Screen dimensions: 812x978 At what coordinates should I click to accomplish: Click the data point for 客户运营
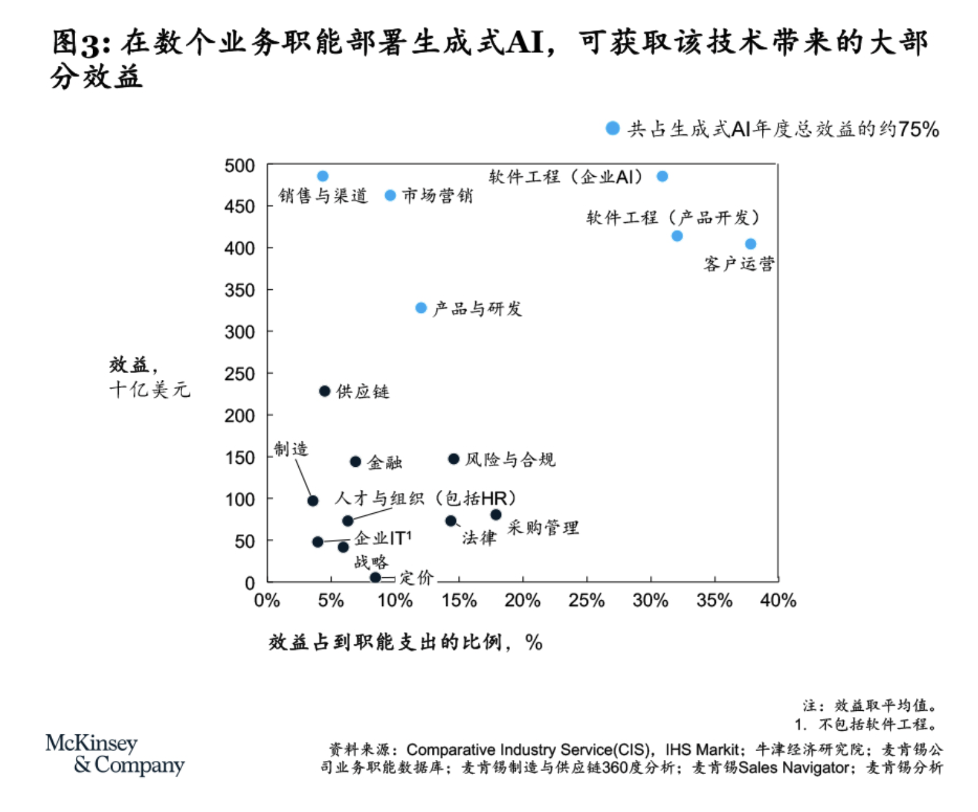(751, 244)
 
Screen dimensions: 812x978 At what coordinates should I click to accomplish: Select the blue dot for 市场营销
(390, 196)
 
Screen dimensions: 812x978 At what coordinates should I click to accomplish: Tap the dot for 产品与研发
(421, 308)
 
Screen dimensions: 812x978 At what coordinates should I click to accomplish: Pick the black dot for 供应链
(324, 391)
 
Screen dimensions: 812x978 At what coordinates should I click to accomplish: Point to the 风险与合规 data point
(454, 459)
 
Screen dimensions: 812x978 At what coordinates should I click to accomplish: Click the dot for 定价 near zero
(375, 578)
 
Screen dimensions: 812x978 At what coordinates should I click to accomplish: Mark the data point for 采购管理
(496, 515)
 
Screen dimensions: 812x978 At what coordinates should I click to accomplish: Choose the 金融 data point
(355, 462)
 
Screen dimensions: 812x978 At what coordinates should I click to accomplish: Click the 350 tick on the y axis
(240, 290)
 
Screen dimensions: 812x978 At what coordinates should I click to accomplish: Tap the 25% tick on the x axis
(586, 600)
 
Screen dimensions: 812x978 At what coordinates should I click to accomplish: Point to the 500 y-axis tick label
(240, 166)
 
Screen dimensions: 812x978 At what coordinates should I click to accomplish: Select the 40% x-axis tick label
(778, 600)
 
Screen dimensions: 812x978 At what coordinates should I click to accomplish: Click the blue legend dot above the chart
(613, 129)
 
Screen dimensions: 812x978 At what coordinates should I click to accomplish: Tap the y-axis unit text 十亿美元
(150, 390)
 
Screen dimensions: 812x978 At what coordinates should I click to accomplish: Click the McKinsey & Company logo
(115, 754)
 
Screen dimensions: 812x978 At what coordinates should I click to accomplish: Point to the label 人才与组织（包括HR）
(426, 498)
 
